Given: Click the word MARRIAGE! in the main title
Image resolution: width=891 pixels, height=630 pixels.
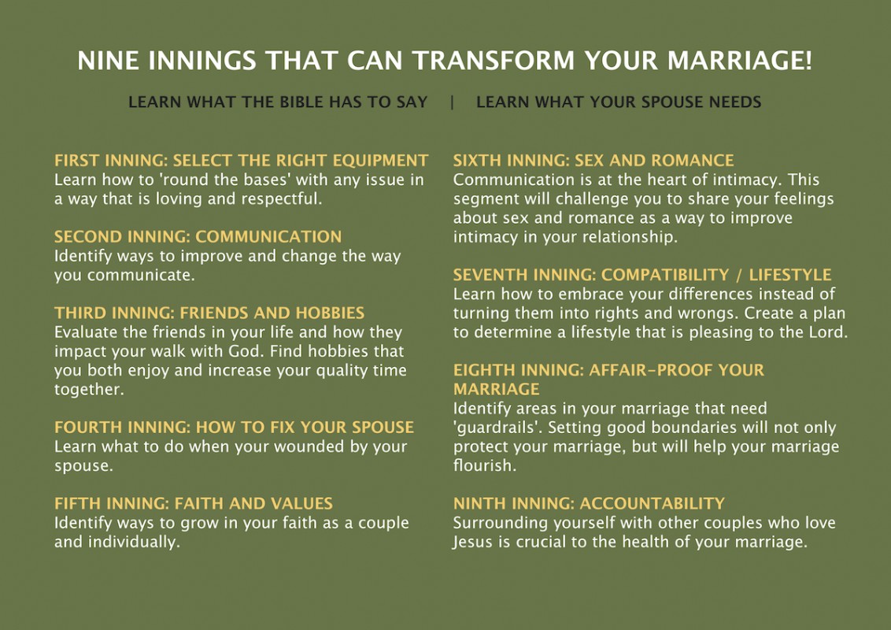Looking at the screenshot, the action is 739,61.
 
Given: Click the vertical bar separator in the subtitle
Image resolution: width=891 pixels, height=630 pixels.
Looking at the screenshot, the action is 453,102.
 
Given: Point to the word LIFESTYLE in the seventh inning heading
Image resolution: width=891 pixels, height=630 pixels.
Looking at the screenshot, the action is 789,275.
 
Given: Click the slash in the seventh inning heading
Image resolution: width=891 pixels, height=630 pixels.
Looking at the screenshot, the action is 739,275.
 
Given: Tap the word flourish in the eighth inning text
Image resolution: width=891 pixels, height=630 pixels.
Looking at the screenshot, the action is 485,465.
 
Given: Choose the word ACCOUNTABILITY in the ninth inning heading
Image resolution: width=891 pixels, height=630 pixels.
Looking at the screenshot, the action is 652,503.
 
